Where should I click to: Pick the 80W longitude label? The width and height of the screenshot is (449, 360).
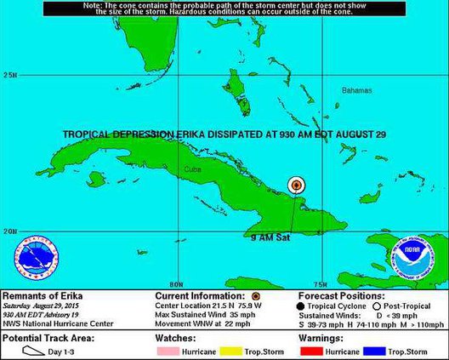(177, 284)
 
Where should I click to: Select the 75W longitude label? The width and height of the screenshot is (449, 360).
(321, 284)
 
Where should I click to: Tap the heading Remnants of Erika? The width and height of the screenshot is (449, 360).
(40, 294)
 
